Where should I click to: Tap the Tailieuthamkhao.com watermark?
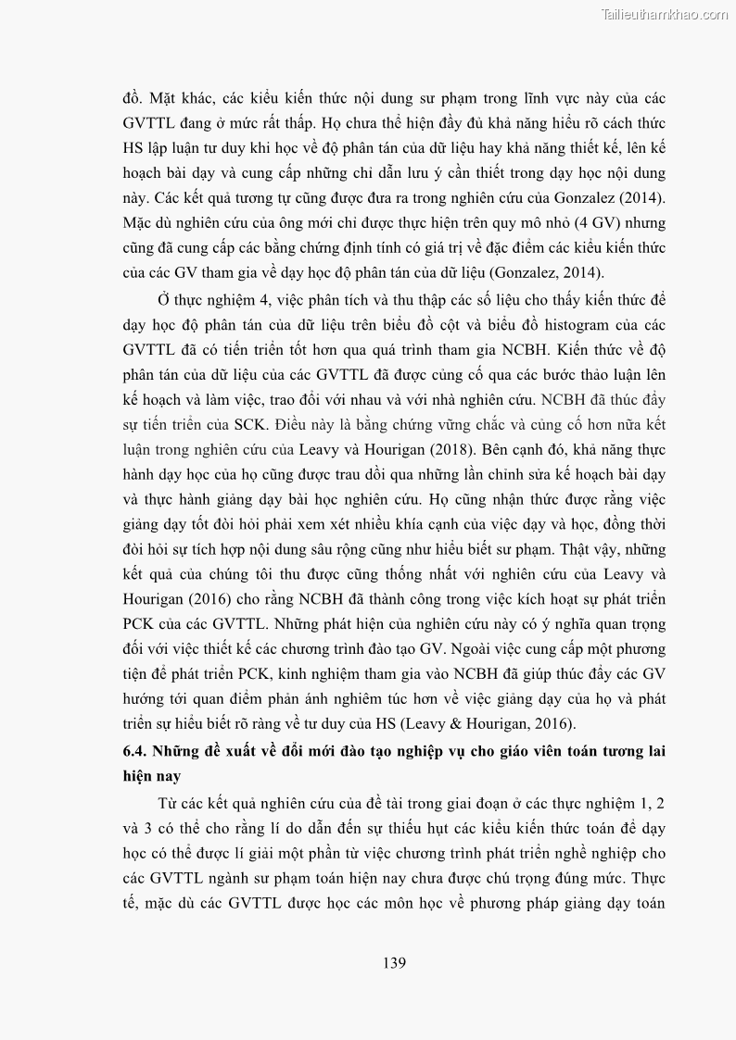665,14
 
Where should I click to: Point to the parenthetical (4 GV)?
566,223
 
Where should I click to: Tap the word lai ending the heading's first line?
654,749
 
